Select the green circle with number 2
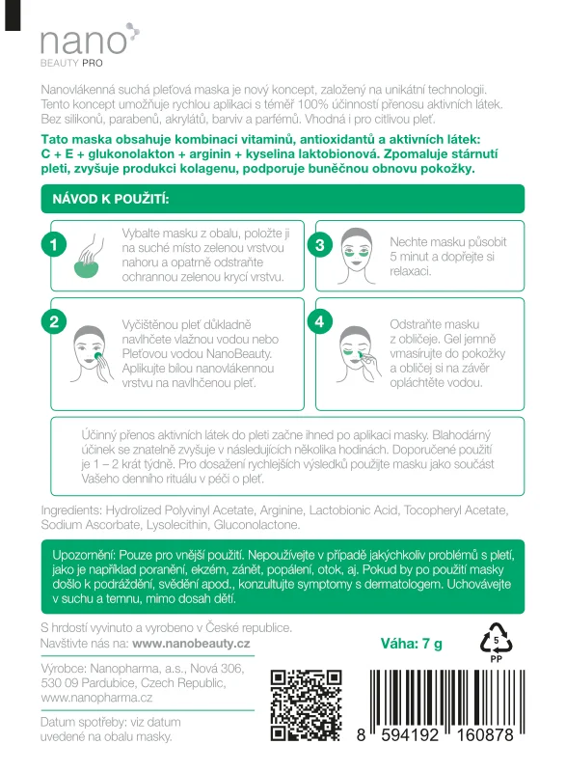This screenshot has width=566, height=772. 55,322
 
